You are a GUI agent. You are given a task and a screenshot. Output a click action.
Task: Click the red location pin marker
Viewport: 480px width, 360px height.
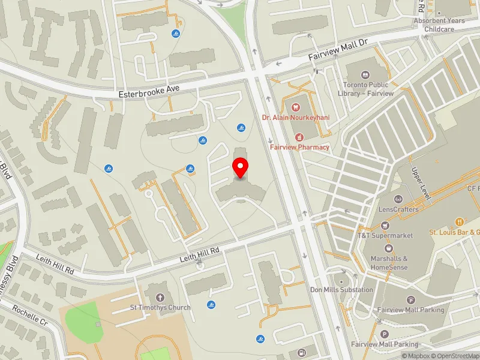pos(241,167)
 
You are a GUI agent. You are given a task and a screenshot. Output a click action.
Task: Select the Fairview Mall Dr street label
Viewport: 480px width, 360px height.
pos(338,50)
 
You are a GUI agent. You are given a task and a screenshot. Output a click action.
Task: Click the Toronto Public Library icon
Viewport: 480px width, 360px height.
pos(365,76)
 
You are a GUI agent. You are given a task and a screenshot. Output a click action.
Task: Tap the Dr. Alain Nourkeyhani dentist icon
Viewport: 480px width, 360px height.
pos(295,107)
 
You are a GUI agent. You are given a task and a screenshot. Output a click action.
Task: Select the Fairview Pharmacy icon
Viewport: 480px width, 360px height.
pos(298,137)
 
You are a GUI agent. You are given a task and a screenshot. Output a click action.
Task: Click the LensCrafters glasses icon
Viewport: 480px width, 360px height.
pos(398,199)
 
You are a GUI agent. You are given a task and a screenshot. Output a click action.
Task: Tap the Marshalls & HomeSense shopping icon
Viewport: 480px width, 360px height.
pos(389,248)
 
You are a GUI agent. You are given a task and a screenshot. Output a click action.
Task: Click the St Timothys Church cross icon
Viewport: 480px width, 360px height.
pos(160,297)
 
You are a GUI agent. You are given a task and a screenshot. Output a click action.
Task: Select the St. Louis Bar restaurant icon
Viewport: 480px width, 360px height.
pos(460,221)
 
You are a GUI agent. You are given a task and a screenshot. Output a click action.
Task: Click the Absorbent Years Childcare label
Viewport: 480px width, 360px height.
pos(439,25)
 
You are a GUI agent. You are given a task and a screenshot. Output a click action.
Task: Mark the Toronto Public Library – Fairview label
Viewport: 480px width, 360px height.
pos(365,89)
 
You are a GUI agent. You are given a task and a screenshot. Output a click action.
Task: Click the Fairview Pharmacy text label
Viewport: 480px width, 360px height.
pos(299,147)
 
